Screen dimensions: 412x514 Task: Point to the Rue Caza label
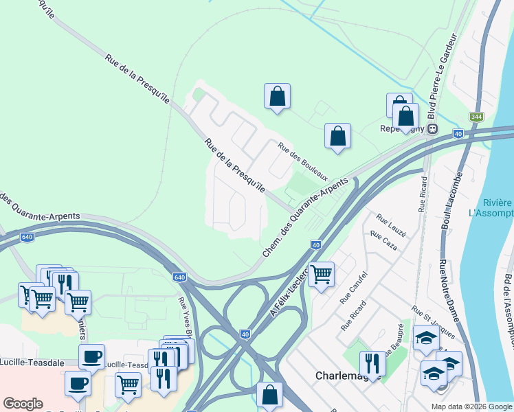pos(383,240)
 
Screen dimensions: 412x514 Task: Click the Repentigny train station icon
pos(433,128)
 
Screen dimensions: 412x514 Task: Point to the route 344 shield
pos(476,117)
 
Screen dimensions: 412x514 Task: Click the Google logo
pos(23,404)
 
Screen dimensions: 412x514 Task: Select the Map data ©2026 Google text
pos(471,407)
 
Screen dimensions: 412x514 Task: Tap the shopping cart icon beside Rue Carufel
pos(321,275)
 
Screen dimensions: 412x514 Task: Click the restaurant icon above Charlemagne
pos(372,362)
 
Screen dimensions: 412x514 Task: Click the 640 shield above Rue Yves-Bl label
pos(179,277)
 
